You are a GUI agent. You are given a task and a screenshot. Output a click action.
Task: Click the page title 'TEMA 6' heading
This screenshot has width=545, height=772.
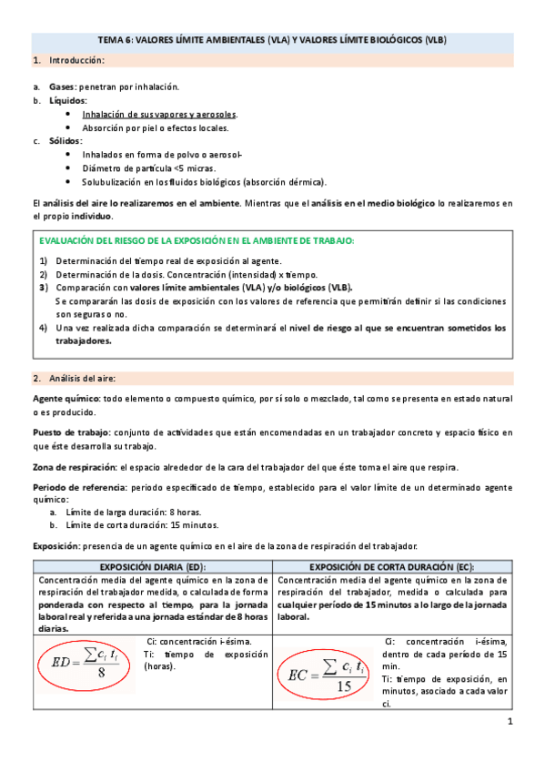[x=272, y=41]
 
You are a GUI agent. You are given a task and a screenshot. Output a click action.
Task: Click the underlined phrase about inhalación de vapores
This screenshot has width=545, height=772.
[x=159, y=115]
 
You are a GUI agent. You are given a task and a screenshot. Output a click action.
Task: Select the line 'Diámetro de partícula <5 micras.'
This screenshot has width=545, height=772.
[x=148, y=168]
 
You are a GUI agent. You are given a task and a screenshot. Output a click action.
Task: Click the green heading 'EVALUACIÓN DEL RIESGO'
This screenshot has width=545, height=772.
[x=196, y=241]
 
